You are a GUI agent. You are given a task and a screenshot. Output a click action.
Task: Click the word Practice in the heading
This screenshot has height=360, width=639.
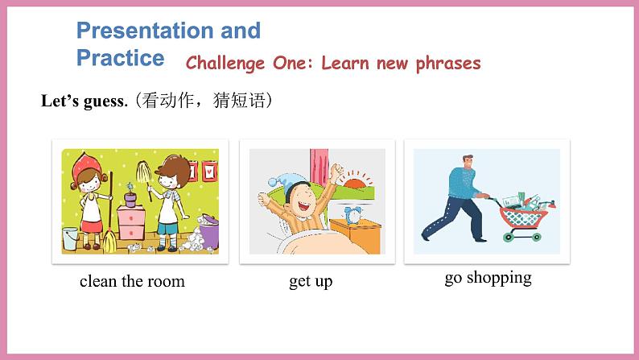(x=120, y=58)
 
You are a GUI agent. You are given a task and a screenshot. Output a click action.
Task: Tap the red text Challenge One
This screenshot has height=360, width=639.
(x=248, y=64)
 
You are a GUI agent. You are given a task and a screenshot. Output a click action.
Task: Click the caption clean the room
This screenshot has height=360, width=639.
(x=132, y=281)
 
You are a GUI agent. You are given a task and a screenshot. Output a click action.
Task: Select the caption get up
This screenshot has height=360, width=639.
(x=311, y=281)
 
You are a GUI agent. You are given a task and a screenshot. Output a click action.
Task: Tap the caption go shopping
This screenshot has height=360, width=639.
(x=488, y=278)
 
